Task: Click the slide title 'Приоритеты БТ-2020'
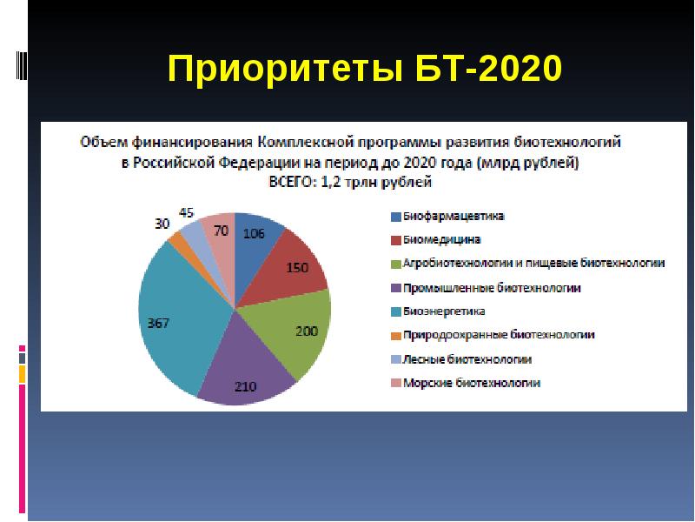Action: coord(365,68)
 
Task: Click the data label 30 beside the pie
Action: coord(162,224)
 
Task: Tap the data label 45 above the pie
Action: coord(186,212)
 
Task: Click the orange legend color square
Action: coord(395,335)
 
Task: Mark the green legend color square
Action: coord(395,264)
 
